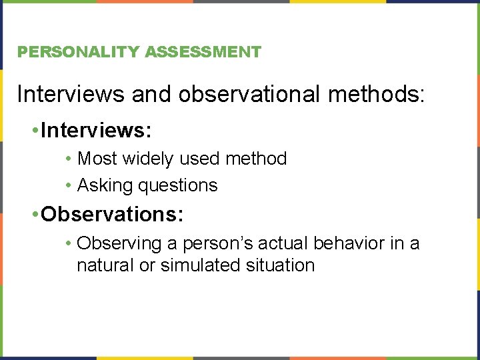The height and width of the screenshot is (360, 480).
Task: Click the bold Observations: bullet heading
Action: (112, 214)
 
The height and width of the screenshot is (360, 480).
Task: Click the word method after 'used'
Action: (256, 159)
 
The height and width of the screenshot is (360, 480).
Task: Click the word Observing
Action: (115, 244)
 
